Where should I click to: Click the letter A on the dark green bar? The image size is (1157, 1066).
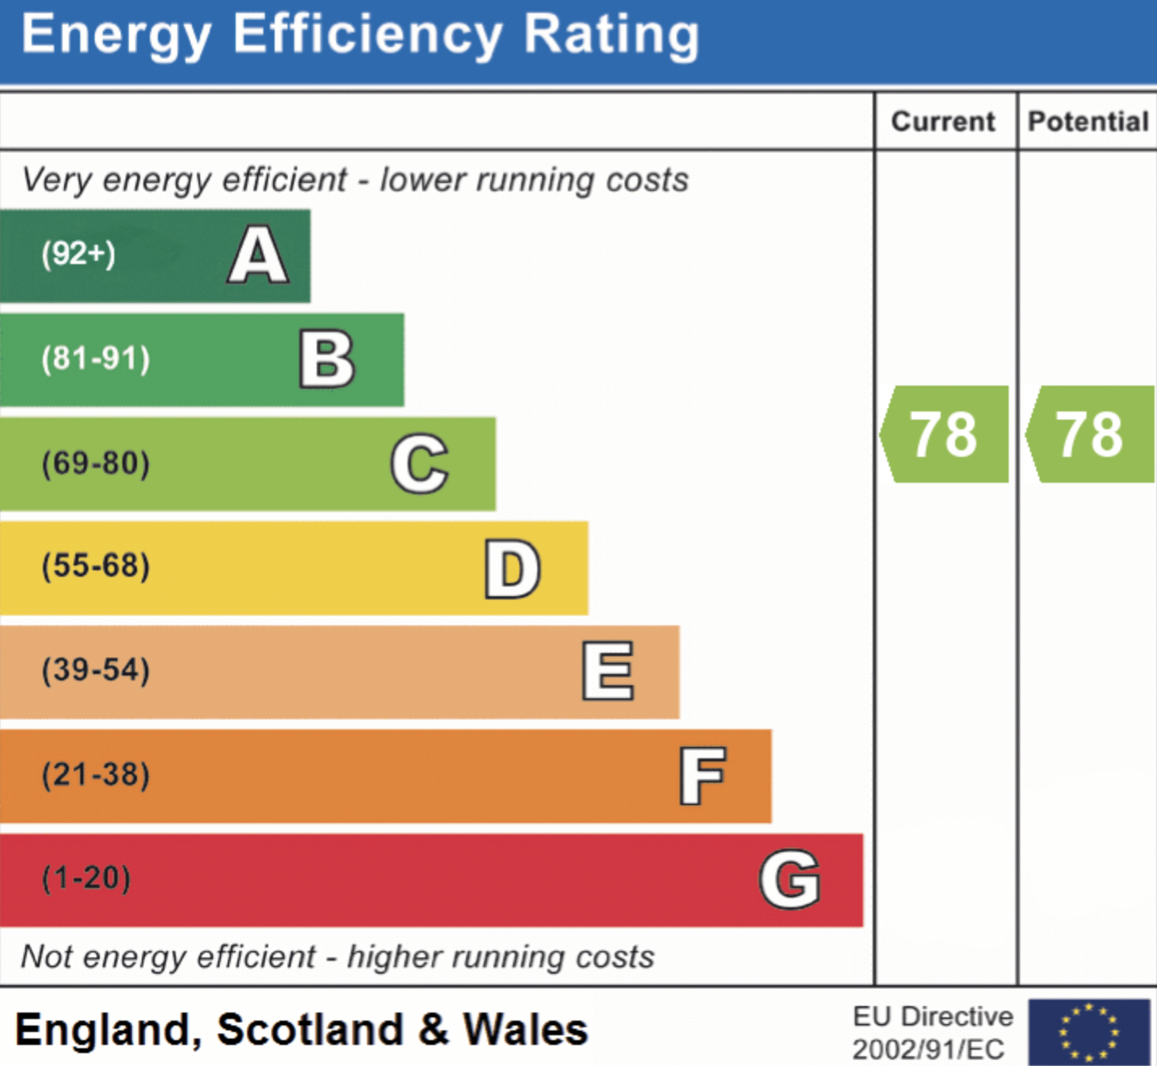pyautogui.click(x=258, y=255)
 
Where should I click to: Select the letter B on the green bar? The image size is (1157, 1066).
pyautogui.click(x=327, y=359)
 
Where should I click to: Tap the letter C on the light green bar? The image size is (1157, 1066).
pyautogui.click(x=419, y=464)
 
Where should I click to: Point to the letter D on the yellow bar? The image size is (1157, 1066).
pyautogui.click(x=512, y=569)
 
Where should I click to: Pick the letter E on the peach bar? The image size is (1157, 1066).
pyautogui.click(x=608, y=671)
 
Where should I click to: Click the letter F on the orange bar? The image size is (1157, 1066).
pyautogui.click(x=702, y=776)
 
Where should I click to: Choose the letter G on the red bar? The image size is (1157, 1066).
pyautogui.click(x=790, y=879)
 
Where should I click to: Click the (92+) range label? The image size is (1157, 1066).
pyautogui.click(x=79, y=254)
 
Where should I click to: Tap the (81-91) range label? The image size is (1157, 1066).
pyautogui.click(x=96, y=358)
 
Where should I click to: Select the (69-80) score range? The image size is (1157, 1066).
pyautogui.click(x=96, y=463)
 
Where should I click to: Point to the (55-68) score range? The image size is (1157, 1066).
pyautogui.click(x=96, y=565)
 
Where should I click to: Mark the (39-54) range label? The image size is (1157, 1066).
pyautogui.click(x=96, y=670)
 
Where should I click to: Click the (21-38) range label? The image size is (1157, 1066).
pyautogui.click(x=96, y=774)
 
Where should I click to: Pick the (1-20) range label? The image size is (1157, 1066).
pyautogui.click(x=86, y=878)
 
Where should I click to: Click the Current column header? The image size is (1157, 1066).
pyautogui.click(x=943, y=122)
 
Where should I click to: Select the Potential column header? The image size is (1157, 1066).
pyautogui.click(x=1088, y=122)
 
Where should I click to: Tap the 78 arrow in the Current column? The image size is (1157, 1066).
pyautogui.click(x=944, y=434)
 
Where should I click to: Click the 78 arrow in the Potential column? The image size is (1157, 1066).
pyautogui.click(x=1090, y=434)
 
